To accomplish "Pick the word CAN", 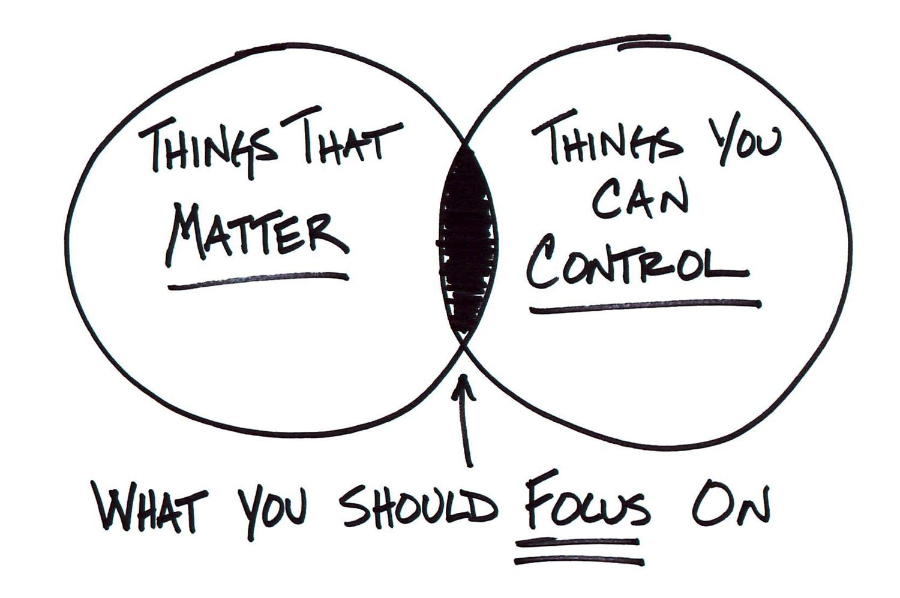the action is coord(639,201).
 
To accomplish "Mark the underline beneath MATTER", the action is coord(258,280).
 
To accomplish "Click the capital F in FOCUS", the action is coord(536,504).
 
